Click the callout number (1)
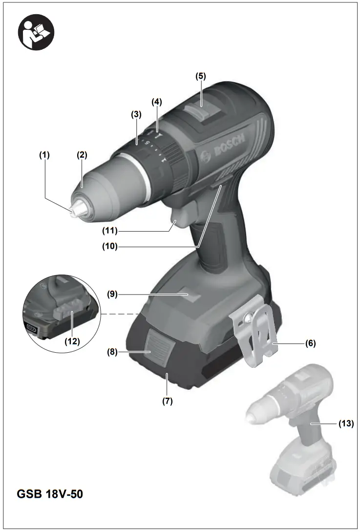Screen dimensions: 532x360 coord(45,155)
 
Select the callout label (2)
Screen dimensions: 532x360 coord(82,155)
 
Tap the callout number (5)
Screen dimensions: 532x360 coord(201,76)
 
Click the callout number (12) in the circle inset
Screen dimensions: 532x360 coord(72,341)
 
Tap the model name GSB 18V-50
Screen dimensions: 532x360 coord(50,494)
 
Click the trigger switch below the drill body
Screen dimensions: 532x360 coord(182,216)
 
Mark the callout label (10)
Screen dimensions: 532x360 coord(110,247)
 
